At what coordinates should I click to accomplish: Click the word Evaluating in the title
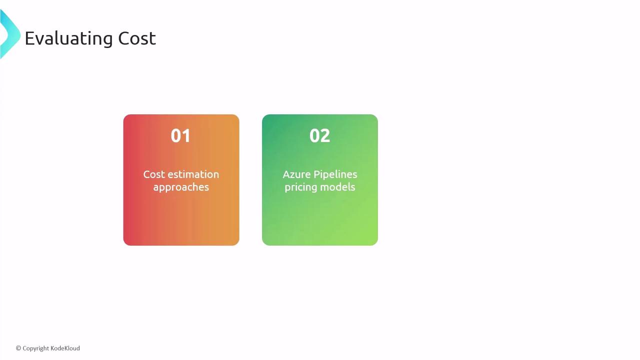tap(69, 38)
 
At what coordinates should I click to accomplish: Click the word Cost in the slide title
tap(137, 38)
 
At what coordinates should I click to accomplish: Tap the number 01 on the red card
tap(180, 135)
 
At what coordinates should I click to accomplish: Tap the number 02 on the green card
tap(319, 135)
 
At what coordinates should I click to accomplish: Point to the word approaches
tap(181, 187)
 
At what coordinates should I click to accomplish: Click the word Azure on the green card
tap(296, 174)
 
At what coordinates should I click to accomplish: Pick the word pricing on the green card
tap(301, 187)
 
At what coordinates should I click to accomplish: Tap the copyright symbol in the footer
tap(18, 348)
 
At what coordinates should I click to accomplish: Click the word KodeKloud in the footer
tap(65, 348)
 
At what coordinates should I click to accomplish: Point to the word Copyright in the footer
tap(35, 348)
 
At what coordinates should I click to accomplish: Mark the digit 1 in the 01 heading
tap(186, 135)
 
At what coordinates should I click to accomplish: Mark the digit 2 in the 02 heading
tap(325, 135)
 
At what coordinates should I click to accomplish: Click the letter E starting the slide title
tap(30, 38)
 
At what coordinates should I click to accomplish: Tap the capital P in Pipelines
tap(316, 174)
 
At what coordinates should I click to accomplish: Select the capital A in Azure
tap(286, 174)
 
